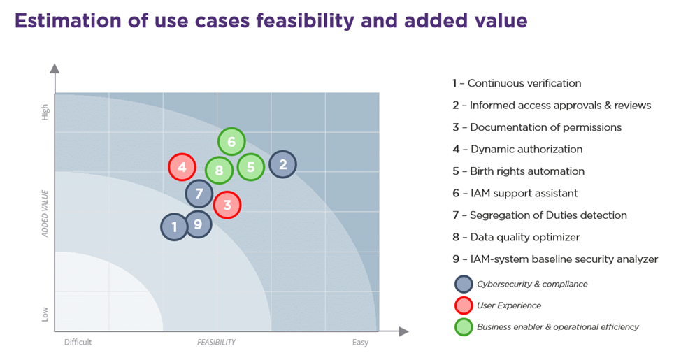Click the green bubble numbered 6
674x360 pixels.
point(231,141)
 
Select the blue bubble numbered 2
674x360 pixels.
point(283,164)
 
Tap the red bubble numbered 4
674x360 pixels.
point(182,166)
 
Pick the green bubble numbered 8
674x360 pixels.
point(220,170)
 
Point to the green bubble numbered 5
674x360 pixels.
point(250,167)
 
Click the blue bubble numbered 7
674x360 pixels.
point(199,194)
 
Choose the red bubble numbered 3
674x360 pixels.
point(227,205)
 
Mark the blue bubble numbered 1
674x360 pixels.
point(174,226)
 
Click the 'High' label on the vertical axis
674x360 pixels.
point(45,113)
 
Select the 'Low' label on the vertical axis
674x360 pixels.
point(45,314)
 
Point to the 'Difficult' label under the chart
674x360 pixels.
point(78,342)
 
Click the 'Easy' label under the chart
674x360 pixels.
point(360,342)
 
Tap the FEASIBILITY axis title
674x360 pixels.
point(216,342)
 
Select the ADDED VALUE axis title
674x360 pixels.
point(45,213)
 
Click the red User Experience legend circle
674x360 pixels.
point(464,305)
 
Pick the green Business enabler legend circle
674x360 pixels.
point(464,327)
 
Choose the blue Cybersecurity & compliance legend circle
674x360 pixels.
point(464,284)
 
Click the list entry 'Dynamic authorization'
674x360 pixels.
point(517,149)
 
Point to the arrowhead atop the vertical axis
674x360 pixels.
point(55,69)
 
